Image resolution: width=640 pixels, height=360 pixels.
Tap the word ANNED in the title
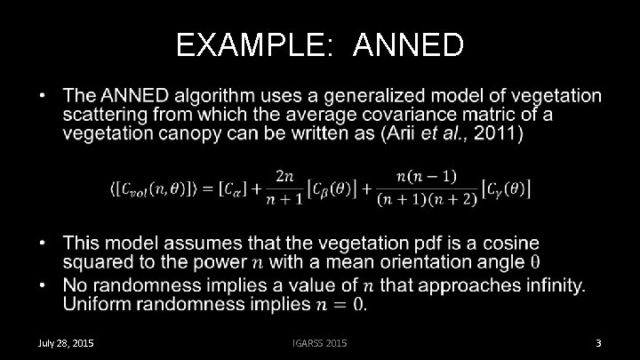(408, 44)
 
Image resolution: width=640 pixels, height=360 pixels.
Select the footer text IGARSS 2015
(320, 343)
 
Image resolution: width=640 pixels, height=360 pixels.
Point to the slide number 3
(599, 343)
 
